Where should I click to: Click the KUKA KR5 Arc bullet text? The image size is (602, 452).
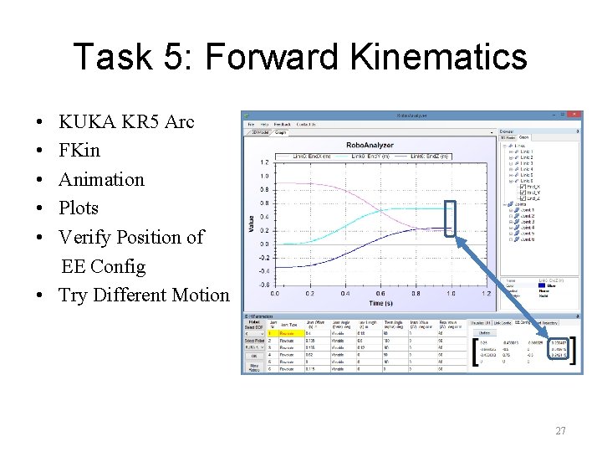(126, 122)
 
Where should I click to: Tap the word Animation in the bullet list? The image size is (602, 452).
(101, 179)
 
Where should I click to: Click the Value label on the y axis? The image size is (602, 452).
(250, 222)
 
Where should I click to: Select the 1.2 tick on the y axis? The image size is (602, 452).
(264, 162)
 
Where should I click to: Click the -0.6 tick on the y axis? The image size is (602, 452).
(263, 285)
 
